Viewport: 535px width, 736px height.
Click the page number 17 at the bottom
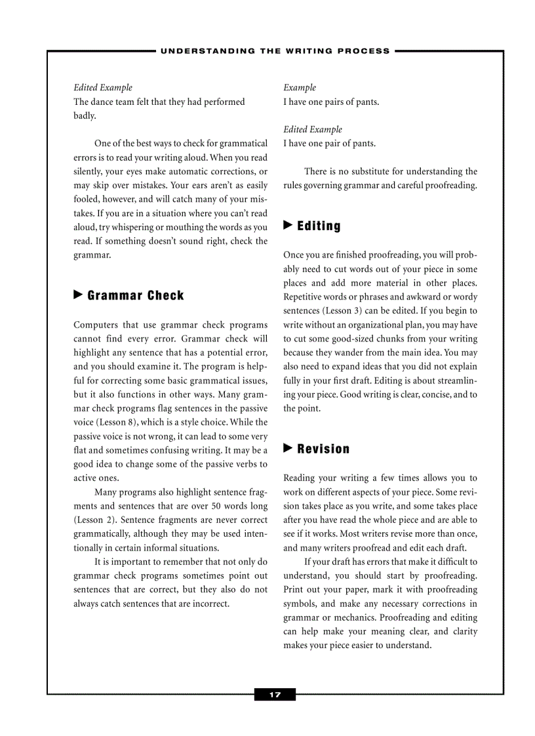[x=275, y=695]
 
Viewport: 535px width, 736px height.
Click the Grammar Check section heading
[x=136, y=296]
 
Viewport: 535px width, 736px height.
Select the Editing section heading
[x=319, y=226]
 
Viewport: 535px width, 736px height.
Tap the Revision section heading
[x=323, y=449]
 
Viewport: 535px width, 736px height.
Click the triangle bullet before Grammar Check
[x=78, y=295]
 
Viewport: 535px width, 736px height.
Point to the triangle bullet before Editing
[x=288, y=225]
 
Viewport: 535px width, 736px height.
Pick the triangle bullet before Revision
[x=288, y=448]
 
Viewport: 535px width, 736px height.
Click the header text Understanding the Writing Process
[x=275, y=50]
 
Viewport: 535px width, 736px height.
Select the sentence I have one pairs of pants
[x=331, y=102]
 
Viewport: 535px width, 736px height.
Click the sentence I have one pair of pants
[x=329, y=144]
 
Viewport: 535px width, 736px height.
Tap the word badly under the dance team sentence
[x=85, y=116]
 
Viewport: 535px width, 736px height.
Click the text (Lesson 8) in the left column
[x=116, y=422]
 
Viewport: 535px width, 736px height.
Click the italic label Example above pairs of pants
[x=300, y=88]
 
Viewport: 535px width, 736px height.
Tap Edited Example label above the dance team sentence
[x=103, y=88]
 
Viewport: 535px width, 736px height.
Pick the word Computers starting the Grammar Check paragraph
[x=96, y=324]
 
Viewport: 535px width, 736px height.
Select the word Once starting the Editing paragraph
[x=294, y=255]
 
